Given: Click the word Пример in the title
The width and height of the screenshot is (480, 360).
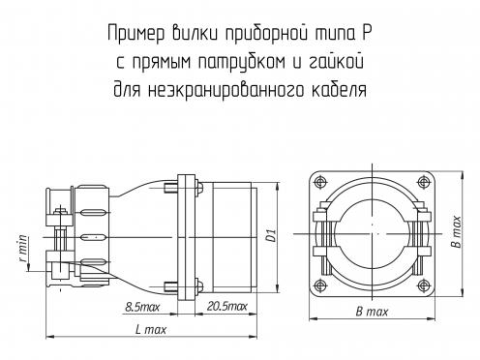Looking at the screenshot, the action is [x=136, y=34].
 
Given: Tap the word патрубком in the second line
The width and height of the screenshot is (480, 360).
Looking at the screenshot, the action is [x=241, y=62].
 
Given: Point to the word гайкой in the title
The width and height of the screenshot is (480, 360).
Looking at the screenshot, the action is [x=337, y=61].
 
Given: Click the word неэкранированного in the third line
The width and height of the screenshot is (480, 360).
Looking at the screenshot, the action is [x=225, y=90].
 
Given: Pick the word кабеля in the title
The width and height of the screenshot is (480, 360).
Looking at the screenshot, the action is [x=339, y=89].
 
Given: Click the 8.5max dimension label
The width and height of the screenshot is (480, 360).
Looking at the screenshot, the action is [x=142, y=307].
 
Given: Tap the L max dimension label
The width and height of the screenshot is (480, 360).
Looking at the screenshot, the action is [x=151, y=329].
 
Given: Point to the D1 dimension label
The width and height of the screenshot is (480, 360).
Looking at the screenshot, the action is [x=272, y=235].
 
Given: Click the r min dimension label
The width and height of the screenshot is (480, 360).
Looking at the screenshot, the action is [x=23, y=249].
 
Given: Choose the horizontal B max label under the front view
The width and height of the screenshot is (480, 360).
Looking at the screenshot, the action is [x=372, y=312].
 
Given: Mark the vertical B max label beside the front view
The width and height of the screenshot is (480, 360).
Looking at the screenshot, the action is [x=456, y=231].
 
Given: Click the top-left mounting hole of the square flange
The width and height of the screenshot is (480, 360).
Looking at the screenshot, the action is [x=320, y=182].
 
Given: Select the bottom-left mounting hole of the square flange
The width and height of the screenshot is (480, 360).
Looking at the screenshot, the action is [x=320, y=285].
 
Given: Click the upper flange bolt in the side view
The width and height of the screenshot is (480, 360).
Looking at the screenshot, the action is [x=183, y=189].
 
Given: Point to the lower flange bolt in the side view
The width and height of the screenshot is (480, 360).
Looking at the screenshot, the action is [x=183, y=286].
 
